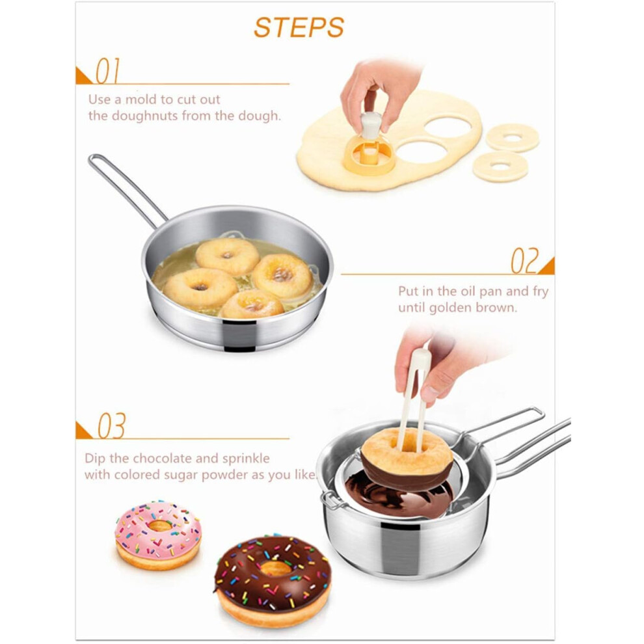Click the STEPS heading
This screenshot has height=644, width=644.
pyautogui.click(x=299, y=27)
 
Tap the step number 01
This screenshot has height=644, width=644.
pyautogui.click(x=108, y=71)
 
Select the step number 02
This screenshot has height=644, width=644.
pyautogui.click(x=524, y=261)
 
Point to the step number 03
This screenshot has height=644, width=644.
pyautogui.click(x=111, y=425)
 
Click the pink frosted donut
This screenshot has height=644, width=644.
pyautogui.click(x=158, y=535)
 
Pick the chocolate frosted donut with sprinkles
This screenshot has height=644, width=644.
pyautogui.click(x=273, y=580)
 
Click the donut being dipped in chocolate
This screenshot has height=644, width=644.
pyautogui.click(x=407, y=458)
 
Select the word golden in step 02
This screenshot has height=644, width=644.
pyautogui.click(x=451, y=308)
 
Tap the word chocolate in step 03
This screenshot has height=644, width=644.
pyautogui.click(x=165, y=458)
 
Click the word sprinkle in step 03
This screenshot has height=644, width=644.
pyautogui.click(x=246, y=459)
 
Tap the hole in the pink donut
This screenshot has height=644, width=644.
pyautogui.click(x=159, y=526)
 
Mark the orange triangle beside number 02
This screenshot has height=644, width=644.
pyautogui.click(x=547, y=267)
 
